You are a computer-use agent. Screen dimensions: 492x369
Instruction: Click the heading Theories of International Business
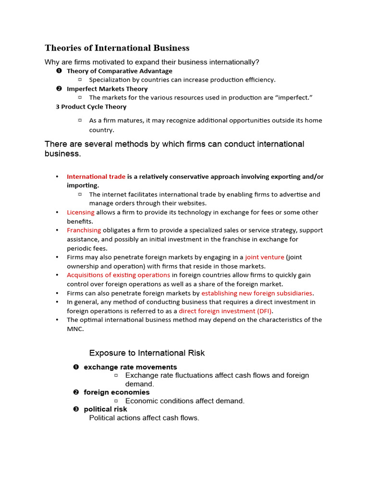(x=117, y=48)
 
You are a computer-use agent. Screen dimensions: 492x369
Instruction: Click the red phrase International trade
(x=96, y=176)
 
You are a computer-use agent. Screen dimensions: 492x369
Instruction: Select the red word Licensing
(x=81, y=212)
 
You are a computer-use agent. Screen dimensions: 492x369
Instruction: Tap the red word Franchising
(x=84, y=230)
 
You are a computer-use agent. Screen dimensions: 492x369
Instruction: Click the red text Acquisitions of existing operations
(x=118, y=275)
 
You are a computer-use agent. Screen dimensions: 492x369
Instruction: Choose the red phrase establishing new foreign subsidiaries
(x=257, y=293)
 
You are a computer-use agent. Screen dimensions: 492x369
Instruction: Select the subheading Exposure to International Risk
(x=147, y=353)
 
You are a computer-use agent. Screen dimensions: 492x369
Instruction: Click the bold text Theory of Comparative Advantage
(x=119, y=71)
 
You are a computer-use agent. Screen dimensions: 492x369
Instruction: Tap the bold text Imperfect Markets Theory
(x=107, y=89)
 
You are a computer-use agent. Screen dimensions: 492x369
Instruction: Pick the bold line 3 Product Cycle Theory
(x=91, y=107)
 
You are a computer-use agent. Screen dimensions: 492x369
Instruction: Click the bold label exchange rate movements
(x=130, y=367)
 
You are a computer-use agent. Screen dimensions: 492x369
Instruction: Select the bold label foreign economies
(x=117, y=392)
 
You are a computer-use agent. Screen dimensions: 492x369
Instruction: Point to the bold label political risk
(x=105, y=409)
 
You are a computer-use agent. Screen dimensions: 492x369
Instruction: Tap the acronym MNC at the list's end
(x=75, y=329)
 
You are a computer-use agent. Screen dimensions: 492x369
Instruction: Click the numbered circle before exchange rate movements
(x=75, y=367)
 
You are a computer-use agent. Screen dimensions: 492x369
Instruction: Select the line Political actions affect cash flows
(x=144, y=418)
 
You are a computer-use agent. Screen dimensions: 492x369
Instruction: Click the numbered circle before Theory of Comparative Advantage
(x=59, y=71)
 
